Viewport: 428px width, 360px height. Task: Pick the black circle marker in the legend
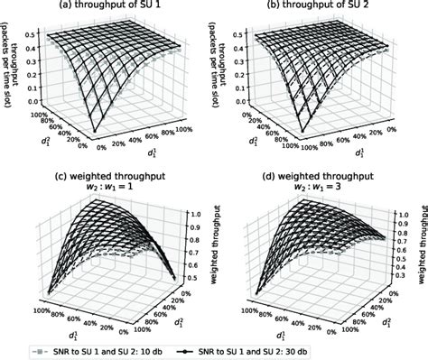coord(247,349)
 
